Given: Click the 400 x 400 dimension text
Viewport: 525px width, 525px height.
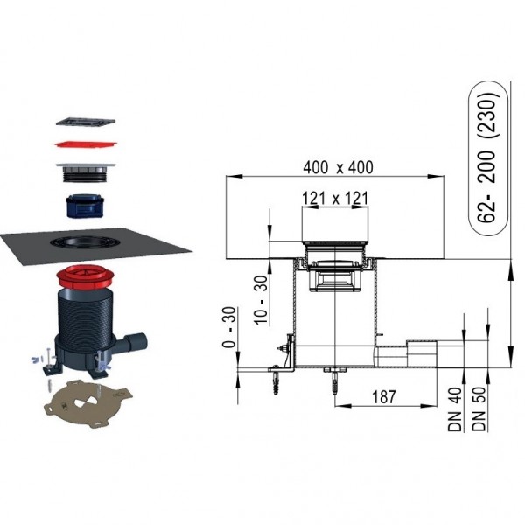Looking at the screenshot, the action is coord(338,167).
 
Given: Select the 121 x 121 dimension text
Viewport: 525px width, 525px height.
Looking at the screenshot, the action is coord(335,199).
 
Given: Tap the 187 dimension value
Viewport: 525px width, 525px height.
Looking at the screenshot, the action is coord(384,397).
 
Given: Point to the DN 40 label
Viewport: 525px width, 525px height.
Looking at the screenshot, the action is coord(455,409).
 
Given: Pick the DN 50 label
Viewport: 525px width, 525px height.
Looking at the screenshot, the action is coord(479,409).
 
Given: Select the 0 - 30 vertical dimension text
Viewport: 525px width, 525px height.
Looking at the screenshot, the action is coord(229,327).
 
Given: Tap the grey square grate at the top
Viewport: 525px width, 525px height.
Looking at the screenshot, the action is coord(86,122).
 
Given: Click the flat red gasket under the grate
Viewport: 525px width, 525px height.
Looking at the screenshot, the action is coord(87,143).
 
